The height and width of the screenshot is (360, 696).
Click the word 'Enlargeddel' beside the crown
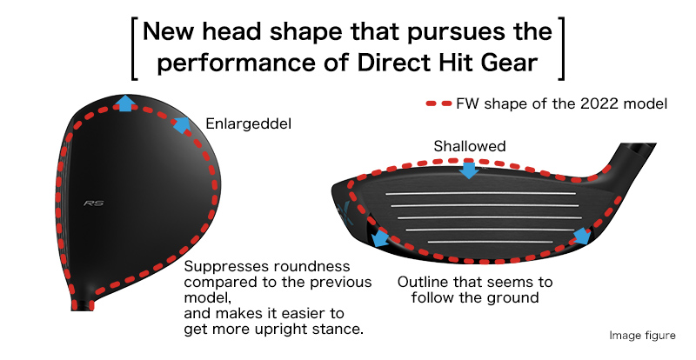pyautogui.click(x=249, y=123)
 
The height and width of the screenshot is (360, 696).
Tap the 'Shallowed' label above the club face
pyautogui.click(x=470, y=146)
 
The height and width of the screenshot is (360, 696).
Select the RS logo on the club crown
pyautogui.click(x=94, y=203)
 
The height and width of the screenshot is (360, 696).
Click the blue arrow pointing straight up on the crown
pyautogui.click(x=127, y=103)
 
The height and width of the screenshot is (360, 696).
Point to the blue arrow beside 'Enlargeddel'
pyautogui.click(x=182, y=124)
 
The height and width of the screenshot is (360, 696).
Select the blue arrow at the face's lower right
pyautogui.click(x=582, y=237)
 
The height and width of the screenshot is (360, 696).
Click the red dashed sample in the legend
pyautogui.click(x=438, y=103)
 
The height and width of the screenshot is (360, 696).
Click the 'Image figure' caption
pyautogui.click(x=642, y=336)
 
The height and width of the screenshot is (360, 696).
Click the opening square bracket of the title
pyautogui.click(x=135, y=49)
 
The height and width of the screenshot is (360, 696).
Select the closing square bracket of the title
pyautogui.click(x=561, y=49)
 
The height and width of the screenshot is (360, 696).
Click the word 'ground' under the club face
pyautogui.click(x=512, y=297)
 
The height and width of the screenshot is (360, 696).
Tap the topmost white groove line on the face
pyautogui.click(x=481, y=194)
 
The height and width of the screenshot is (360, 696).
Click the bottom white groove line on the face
pyautogui.click(x=490, y=242)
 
